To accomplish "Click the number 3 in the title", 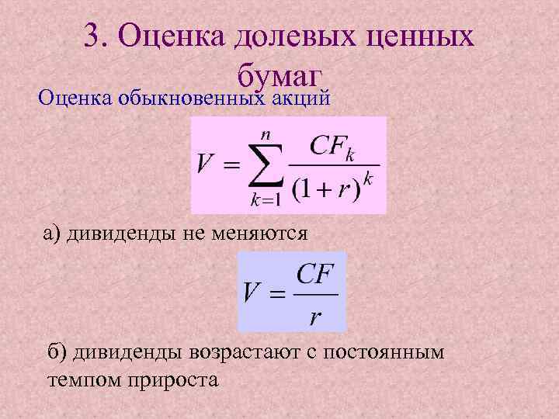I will [92, 36].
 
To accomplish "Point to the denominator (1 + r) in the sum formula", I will [326, 189].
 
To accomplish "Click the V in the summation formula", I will [205, 165].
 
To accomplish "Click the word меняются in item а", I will [263, 233].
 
